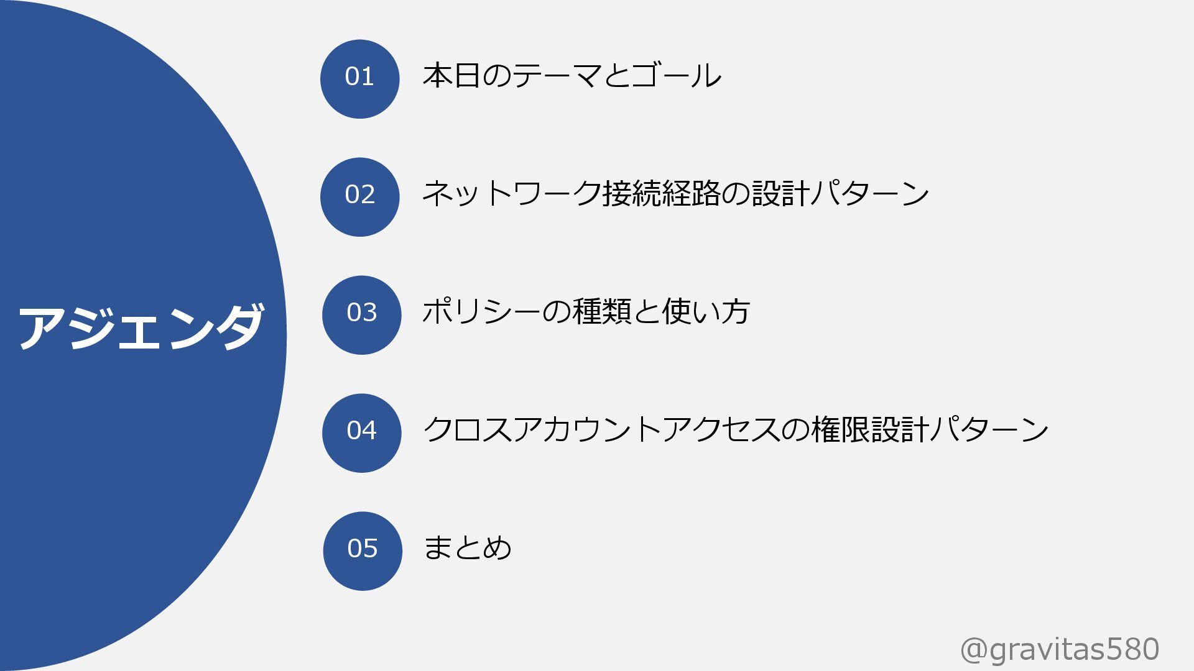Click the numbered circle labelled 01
tap(359, 79)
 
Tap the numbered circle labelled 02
tap(359, 197)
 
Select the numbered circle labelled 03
tap(361, 315)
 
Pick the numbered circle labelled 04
tap(361, 433)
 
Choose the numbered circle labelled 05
tap(363, 551)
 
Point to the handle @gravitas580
tap(1060, 650)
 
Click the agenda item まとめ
tap(467, 548)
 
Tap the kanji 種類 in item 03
tap(602, 312)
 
